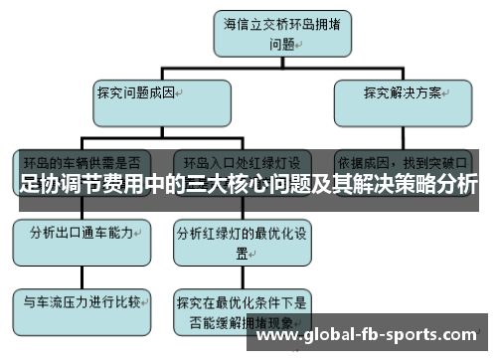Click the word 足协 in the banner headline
tap(39, 185)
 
